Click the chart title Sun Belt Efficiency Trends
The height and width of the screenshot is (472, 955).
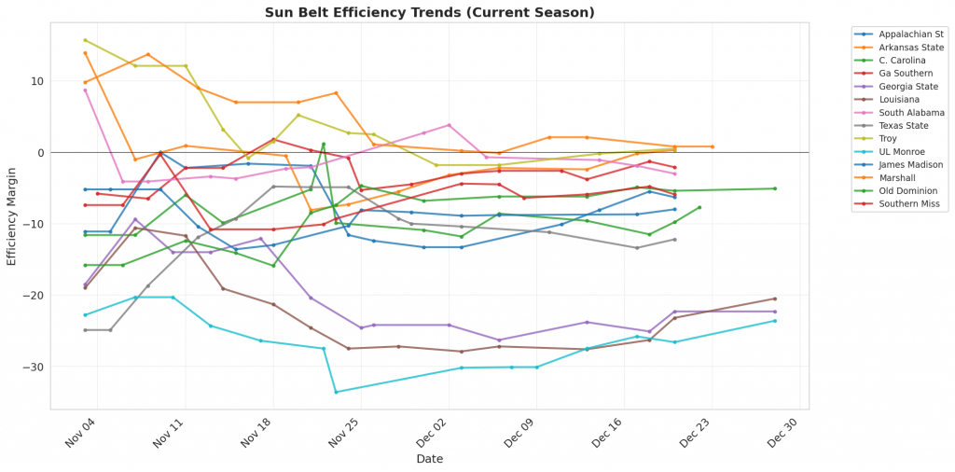[429, 12]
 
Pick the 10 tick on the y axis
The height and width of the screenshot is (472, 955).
[37, 81]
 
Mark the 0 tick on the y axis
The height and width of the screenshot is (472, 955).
[40, 152]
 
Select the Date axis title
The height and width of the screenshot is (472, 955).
[429, 459]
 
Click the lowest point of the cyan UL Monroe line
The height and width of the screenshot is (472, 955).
[336, 392]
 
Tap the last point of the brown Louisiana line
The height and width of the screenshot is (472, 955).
[774, 298]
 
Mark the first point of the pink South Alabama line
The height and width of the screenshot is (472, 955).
[85, 90]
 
